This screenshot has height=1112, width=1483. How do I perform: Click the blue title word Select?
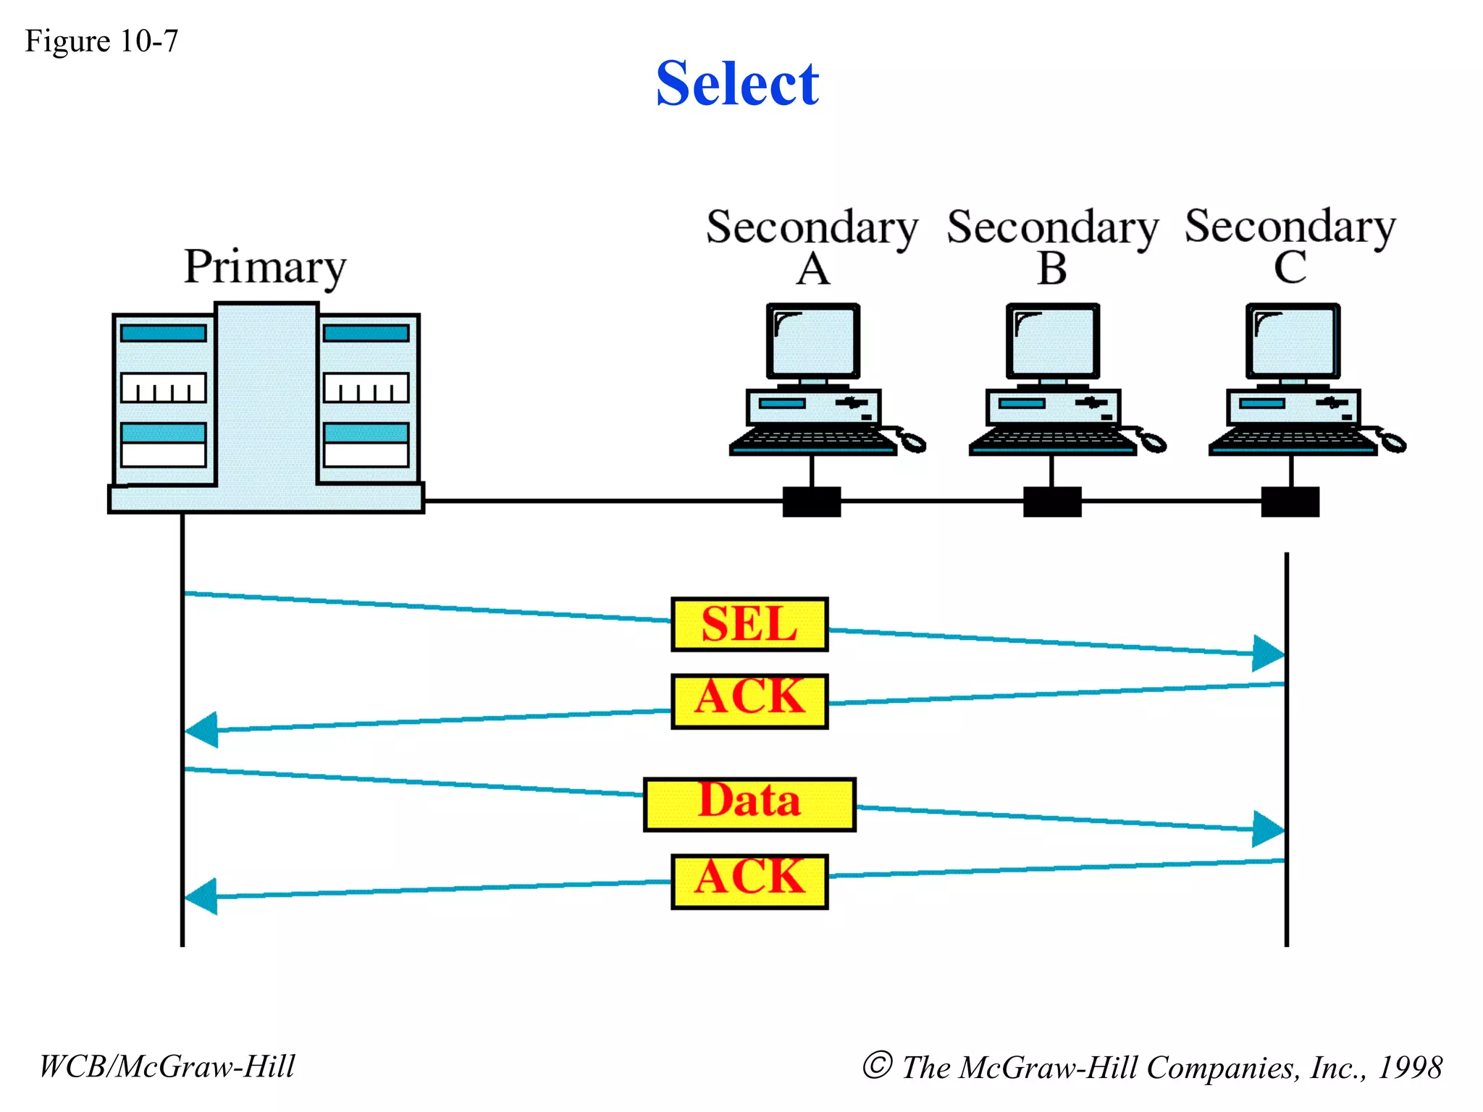tap(737, 83)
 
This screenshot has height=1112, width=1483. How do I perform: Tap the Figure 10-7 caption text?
tap(101, 41)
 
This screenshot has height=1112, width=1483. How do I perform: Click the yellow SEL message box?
tap(749, 624)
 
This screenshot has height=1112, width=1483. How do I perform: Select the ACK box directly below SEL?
tap(749, 701)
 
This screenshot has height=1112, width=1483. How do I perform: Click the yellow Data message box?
tap(749, 804)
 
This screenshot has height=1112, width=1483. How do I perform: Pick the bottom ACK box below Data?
tap(749, 881)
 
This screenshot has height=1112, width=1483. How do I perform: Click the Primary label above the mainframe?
tap(265, 267)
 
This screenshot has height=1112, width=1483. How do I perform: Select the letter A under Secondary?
tap(812, 269)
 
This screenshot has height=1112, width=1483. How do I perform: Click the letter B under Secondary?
tap(1052, 269)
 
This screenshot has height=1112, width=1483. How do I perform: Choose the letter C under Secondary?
tap(1290, 268)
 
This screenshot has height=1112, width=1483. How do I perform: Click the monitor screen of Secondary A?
tap(813, 340)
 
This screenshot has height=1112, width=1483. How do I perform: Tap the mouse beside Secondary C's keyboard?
tap(1392, 441)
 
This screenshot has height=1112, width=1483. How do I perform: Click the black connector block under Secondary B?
tap(1052, 502)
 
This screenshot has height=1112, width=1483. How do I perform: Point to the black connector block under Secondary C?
tap(1290, 502)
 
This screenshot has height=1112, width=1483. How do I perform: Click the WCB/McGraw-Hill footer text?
tap(167, 1066)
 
